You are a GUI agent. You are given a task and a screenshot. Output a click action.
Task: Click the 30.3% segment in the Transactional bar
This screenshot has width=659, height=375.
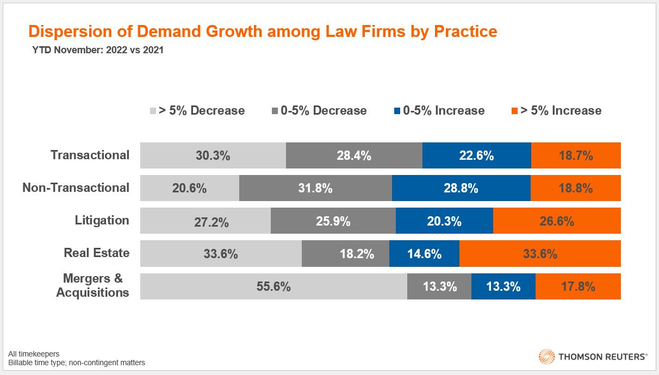(213, 155)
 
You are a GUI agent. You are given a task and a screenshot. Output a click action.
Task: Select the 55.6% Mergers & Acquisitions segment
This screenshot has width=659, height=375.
(273, 286)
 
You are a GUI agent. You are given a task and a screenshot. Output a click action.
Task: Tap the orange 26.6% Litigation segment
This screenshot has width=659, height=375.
(557, 221)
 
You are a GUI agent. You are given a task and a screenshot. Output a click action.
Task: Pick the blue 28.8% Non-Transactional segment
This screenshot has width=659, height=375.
(461, 188)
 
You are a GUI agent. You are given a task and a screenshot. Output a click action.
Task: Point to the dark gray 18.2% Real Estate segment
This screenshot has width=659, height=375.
(345, 254)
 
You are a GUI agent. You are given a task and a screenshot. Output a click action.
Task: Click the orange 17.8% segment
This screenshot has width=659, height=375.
(578, 286)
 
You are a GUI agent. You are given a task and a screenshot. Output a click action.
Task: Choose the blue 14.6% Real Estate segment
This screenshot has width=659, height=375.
(424, 254)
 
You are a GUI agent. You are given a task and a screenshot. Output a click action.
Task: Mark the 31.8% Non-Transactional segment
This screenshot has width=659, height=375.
(315, 188)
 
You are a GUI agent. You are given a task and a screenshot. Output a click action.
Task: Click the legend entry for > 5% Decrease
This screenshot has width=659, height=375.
(197, 111)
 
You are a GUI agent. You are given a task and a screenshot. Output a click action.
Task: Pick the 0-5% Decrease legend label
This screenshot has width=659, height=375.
(324, 111)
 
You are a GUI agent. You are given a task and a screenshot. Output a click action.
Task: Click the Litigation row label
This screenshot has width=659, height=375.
(102, 220)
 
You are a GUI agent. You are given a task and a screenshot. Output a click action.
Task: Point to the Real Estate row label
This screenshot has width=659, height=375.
(97, 253)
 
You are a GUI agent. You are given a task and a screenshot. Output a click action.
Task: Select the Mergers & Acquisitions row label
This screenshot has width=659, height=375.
(93, 285)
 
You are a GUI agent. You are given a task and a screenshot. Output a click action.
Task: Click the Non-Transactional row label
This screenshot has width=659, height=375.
(76, 187)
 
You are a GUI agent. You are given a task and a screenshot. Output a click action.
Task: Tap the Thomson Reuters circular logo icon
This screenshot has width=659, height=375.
(546, 357)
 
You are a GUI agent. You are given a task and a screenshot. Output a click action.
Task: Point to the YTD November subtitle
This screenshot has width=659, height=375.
(98, 51)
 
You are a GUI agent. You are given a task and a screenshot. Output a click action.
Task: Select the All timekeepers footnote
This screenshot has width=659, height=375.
(34, 354)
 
